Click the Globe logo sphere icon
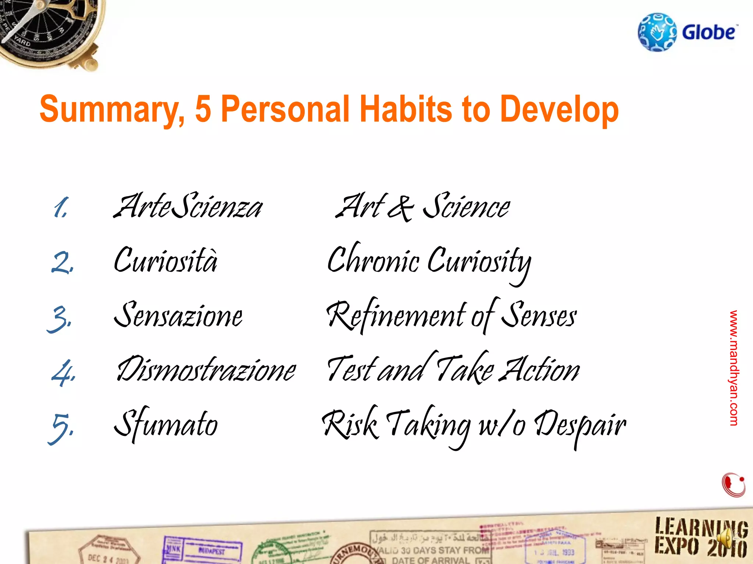click(657, 32)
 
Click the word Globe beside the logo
click(709, 32)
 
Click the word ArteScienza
click(188, 206)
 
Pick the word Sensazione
click(178, 315)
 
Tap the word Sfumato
click(166, 424)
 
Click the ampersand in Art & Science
click(401, 208)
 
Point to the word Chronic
click(373, 260)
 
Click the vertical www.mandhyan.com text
click(734, 368)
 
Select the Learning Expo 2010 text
click(701, 538)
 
